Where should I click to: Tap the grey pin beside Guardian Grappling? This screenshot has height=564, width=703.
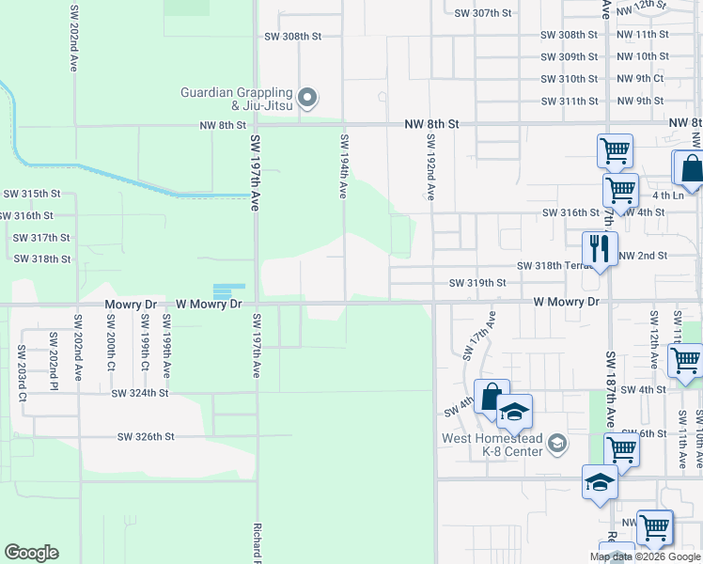click(x=307, y=97)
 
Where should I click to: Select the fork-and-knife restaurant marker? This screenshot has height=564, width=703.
click(x=599, y=249)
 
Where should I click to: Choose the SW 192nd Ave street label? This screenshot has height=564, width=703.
click(x=430, y=165)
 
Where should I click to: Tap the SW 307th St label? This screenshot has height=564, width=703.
click(x=482, y=13)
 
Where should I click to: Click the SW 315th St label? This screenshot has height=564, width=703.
click(x=32, y=194)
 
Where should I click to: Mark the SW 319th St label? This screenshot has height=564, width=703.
click(x=477, y=282)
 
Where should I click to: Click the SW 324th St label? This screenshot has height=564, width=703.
click(x=139, y=394)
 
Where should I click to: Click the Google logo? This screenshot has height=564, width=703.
click(x=31, y=553)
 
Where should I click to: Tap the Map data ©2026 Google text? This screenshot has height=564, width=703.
click(x=645, y=556)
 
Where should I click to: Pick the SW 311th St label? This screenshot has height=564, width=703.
click(x=570, y=102)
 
